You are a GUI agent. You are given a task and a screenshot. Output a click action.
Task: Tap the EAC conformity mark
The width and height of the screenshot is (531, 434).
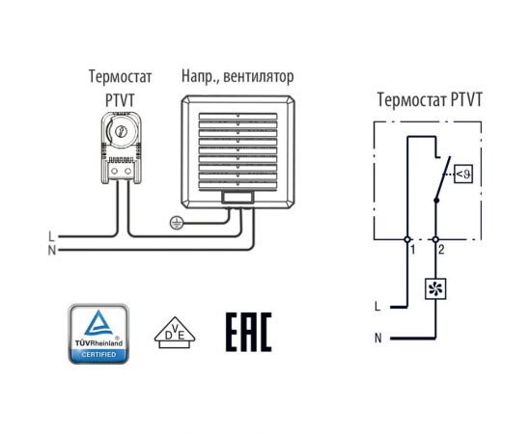[x=248, y=332]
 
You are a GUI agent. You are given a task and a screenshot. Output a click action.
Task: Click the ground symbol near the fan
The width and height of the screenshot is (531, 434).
[x=176, y=223]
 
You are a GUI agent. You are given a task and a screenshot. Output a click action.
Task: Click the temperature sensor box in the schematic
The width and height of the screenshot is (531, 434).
[x=463, y=174]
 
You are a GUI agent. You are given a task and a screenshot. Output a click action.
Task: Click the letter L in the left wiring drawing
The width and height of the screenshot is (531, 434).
[x=50, y=236]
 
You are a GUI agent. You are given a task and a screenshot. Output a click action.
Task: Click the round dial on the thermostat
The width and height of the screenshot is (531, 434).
[x=122, y=131]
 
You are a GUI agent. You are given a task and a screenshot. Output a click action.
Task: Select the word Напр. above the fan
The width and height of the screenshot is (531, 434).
[x=201, y=75]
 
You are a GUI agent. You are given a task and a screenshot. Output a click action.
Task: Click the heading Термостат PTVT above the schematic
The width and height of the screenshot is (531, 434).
[x=430, y=98]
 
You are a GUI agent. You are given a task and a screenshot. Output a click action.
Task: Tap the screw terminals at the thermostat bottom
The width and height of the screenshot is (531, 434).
[x=122, y=171]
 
